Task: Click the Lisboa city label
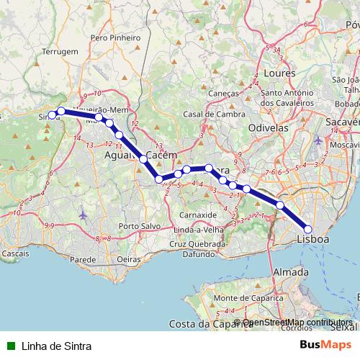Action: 312,238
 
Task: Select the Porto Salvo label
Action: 139,226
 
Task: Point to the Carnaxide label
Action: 197,215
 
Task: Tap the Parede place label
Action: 83,258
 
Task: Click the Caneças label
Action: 222,94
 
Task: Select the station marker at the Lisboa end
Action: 308,229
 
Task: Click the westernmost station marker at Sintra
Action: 52,115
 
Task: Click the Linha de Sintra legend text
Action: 56,346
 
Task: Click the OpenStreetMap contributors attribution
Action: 297,323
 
